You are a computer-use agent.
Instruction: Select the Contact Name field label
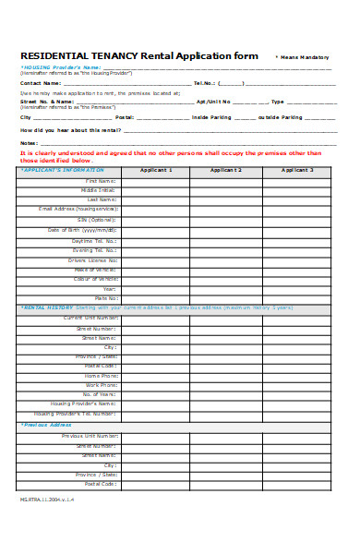point(41,82)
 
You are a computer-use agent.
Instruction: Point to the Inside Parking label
point(210,117)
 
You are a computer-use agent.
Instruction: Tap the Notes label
point(29,142)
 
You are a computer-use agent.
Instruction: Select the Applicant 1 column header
point(156,171)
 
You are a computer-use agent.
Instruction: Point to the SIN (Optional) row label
point(97,219)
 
